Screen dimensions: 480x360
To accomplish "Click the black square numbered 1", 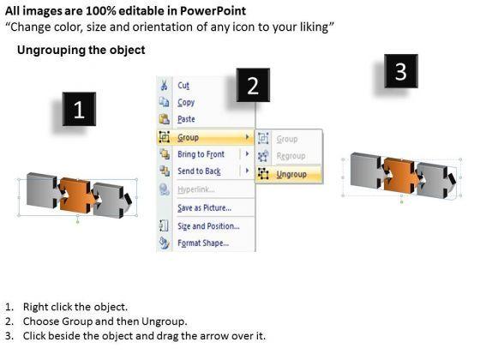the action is tap(79, 109).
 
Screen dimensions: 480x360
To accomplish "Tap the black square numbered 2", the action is tap(253, 85).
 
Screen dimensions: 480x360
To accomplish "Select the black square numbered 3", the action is tap(401, 71).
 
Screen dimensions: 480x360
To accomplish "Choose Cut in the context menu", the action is tap(183, 86).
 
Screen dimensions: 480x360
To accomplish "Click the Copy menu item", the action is tap(186, 103).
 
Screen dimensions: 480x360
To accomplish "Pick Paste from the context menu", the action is tap(186, 119).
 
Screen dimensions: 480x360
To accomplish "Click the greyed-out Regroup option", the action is tap(291, 156).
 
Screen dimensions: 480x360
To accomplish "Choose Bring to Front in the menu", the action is tap(201, 154).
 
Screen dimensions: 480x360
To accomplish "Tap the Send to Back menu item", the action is tap(199, 171).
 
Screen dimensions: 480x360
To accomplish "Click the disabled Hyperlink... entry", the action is tap(196, 189).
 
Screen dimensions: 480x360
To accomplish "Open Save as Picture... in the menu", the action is tap(205, 208).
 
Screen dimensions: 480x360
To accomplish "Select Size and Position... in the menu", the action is tap(208, 226).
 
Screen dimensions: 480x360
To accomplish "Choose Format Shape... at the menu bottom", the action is tap(203, 243).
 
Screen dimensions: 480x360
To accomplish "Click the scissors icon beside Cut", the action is tap(164, 85).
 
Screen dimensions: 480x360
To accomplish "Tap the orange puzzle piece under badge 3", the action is tap(401, 176).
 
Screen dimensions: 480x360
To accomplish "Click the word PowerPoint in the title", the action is tap(213, 11).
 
